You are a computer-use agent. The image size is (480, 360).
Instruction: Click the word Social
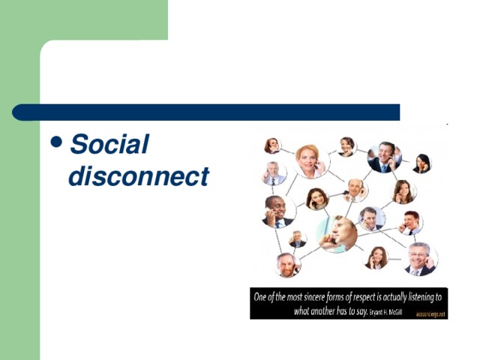click(x=109, y=144)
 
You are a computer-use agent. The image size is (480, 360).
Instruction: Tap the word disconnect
click(x=138, y=176)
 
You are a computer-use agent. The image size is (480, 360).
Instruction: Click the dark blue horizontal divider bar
click(x=206, y=112)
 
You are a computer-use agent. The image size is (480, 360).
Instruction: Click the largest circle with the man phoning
click(x=337, y=234)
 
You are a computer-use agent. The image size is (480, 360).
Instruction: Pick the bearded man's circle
click(x=286, y=264)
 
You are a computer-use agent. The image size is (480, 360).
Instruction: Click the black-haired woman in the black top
click(x=422, y=163)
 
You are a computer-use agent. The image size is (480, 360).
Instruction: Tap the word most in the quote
click(x=294, y=297)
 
